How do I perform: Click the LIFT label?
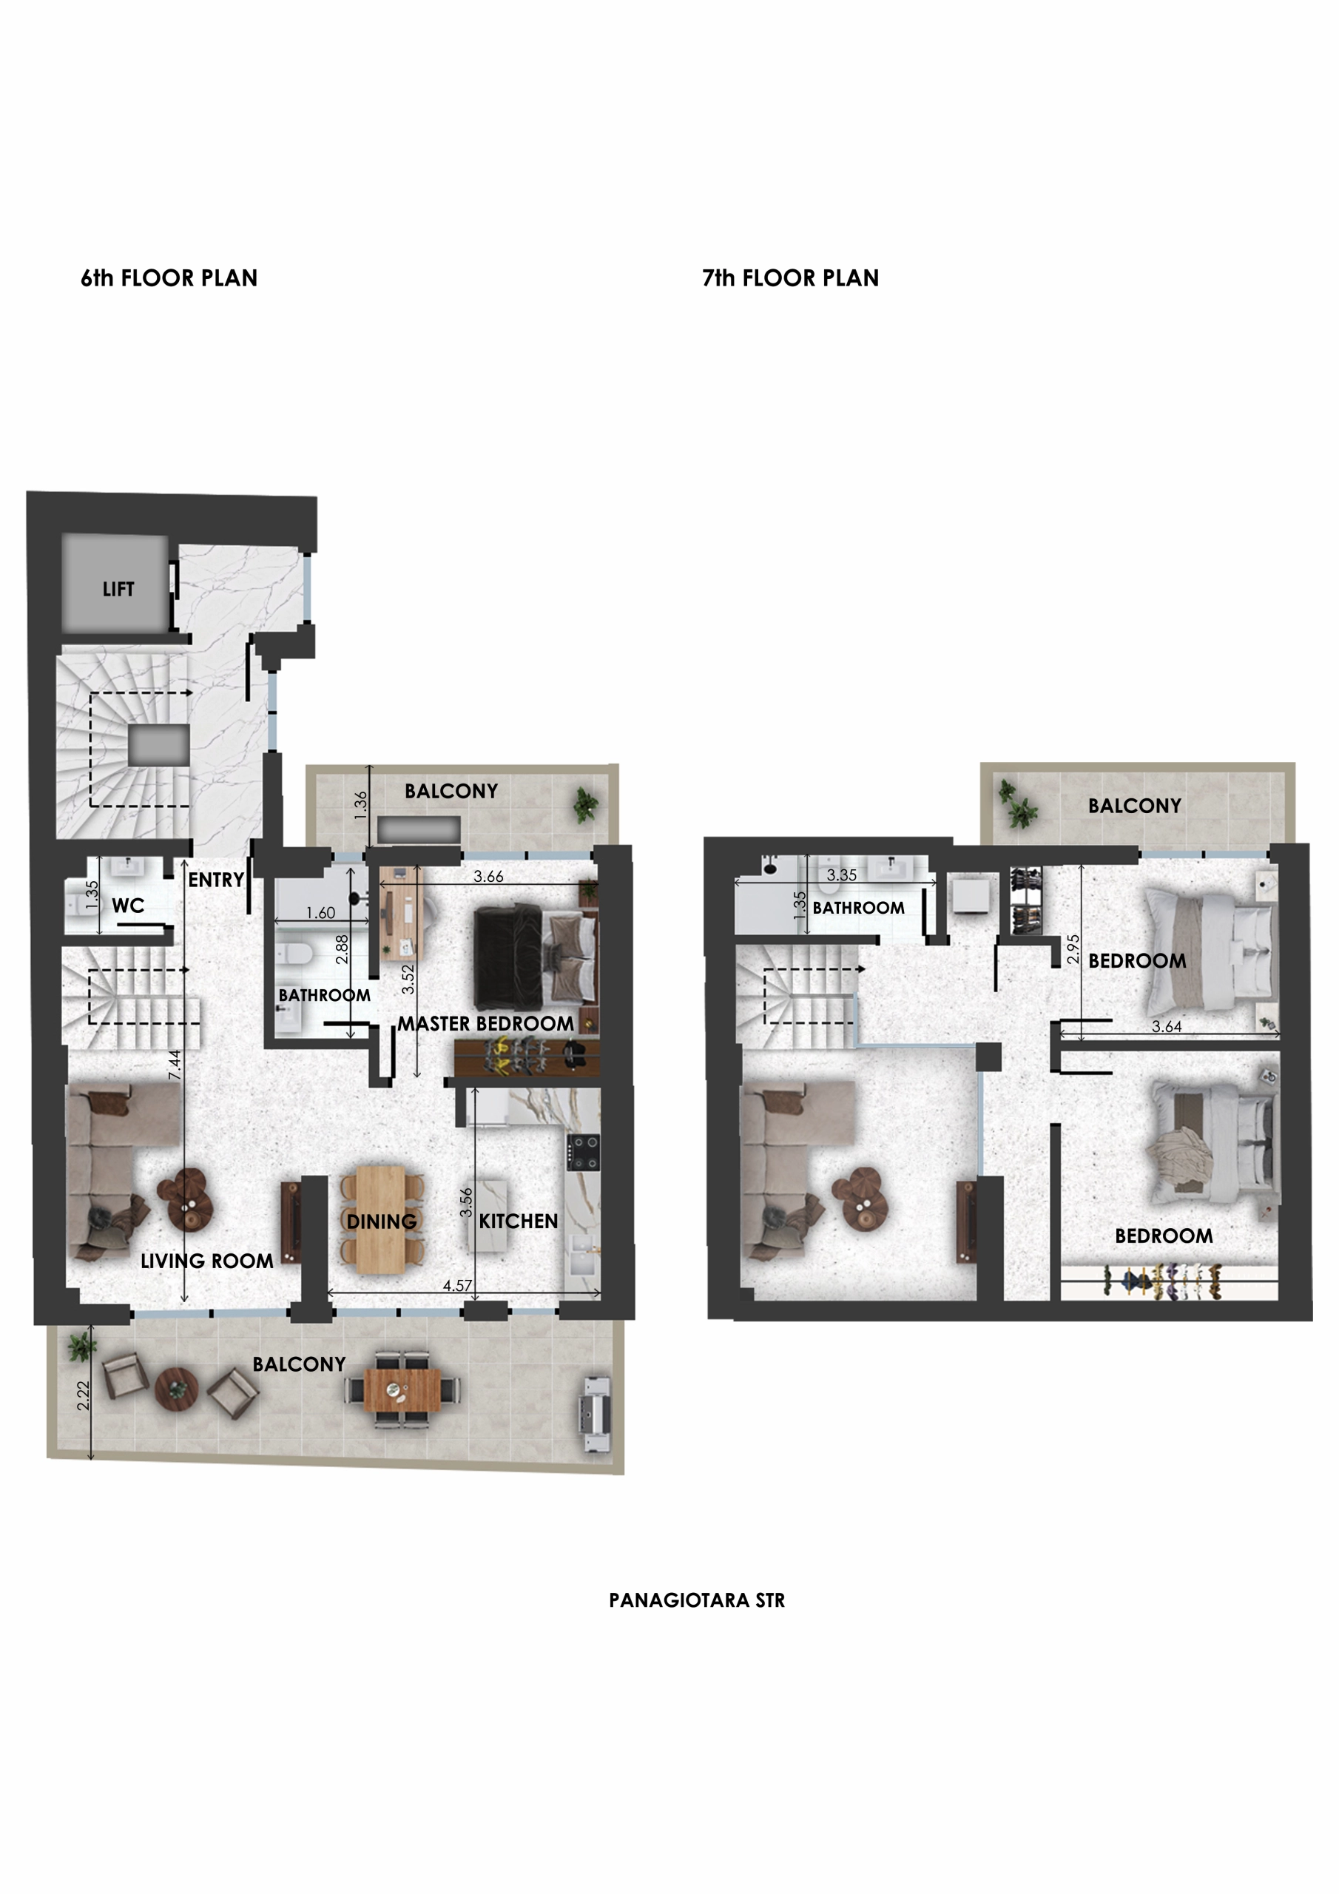tap(118, 589)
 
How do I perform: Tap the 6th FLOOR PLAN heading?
tap(169, 279)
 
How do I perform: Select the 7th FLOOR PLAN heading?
tap(790, 279)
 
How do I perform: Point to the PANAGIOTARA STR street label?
tap(697, 1600)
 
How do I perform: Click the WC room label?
tap(128, 906)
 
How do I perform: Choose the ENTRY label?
tap(216, 880)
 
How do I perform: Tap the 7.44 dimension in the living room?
tap(174, 1064)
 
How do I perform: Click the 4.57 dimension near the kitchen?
tap(457, 1285)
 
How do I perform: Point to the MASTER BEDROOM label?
tap(486, 1024)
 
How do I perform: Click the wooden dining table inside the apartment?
tap(381, 1219)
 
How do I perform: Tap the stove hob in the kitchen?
tap(583, 1152)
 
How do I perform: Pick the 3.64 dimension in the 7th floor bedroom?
tap(1167, 1027)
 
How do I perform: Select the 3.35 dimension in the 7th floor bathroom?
tap(842, 875)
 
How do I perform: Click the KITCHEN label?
tap(518, 1221)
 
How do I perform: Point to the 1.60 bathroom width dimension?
tap(320, 913)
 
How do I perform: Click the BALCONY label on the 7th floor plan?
tap(1134, 806)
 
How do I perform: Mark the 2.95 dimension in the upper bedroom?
tap(1073, 948)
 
